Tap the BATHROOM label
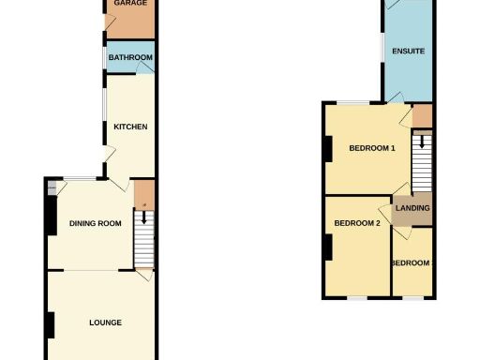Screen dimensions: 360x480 [130, 58]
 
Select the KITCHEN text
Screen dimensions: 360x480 [130, 127]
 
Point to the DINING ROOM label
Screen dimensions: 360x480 [96, 223]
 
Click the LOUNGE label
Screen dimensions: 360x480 [105, 322]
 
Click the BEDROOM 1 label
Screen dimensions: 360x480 [372, 148]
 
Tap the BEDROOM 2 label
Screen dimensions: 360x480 [357, 223]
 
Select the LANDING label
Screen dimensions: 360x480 [412, 208]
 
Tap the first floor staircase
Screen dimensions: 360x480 [422, 167]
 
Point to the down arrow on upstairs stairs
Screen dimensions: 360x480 [422, 142]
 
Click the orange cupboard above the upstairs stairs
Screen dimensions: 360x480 [422, 116]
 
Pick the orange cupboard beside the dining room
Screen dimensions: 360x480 [142, 195]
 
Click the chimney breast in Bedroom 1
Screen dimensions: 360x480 [328, 148]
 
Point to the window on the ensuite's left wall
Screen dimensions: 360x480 [383, 47]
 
